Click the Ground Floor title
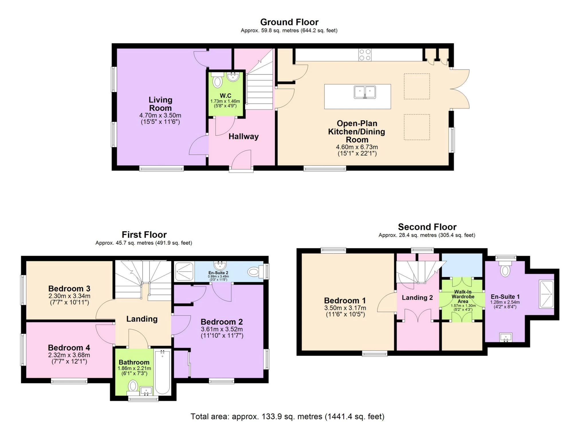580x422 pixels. click(x=289, y=22)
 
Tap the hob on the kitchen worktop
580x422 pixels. click(x=365, y=55)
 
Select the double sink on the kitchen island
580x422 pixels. click(x=365, y=92)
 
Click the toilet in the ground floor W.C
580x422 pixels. click(x=218, y=81)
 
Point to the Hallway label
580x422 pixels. click(x=243, y=136)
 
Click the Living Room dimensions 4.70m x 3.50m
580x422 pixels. click(x=160, y=115)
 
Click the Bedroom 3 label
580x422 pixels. click(x=69, y=288)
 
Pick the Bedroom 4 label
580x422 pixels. click(x=69, y=348)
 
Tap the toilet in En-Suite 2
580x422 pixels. click(x=254, y=272)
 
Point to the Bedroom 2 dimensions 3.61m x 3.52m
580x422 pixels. click(x=222, y=329)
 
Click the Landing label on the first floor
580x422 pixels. click(x=142, y=319)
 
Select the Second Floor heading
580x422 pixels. click(x=427, y=227)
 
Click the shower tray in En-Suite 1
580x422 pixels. click(x=546, y=294)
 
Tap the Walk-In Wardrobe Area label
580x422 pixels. click(x=463, y=297)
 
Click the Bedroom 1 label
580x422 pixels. click(x=345, y=301)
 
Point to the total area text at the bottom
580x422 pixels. click(x=287, y=416)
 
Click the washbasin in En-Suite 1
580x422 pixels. click(x=506, y=337)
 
